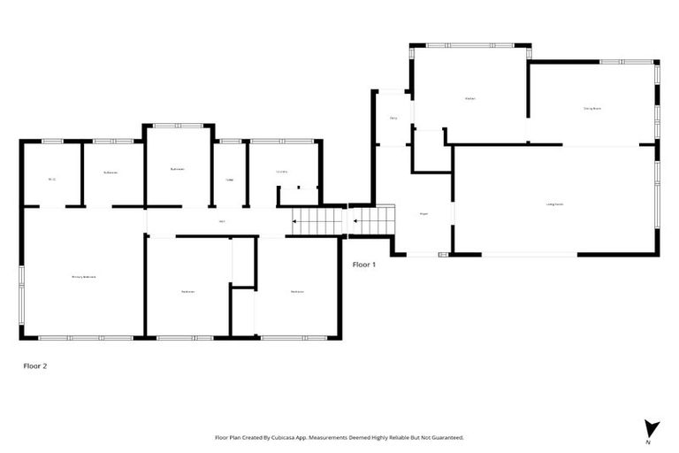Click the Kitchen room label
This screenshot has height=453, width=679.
click(x=469, y=98)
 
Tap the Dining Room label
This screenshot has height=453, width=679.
click(x=592, y=108)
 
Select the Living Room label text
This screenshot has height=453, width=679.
click(x=555, y=204)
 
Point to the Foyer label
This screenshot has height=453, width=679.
click(x=424, y=213)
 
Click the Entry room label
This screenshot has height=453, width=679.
click(x=393, y=118)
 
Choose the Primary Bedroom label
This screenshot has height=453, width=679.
click(x=83, y=277)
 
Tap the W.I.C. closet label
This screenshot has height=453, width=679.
click(x=52, y=180)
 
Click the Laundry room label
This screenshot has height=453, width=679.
click(x=283, y=172)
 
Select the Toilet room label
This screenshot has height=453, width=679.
click(x=230, y=180)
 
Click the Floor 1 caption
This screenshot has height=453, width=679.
click(x=364, y=265)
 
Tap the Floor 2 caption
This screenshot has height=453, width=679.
click(x=34, y=365)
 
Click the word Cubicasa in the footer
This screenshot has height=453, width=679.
click(x=301, y=437)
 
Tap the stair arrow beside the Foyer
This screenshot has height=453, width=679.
click(x=355, y=221)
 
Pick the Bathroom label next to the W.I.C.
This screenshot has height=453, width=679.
click(x=111, y=172)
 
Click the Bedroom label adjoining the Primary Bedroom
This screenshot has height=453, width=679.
click(x=187, y=292)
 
